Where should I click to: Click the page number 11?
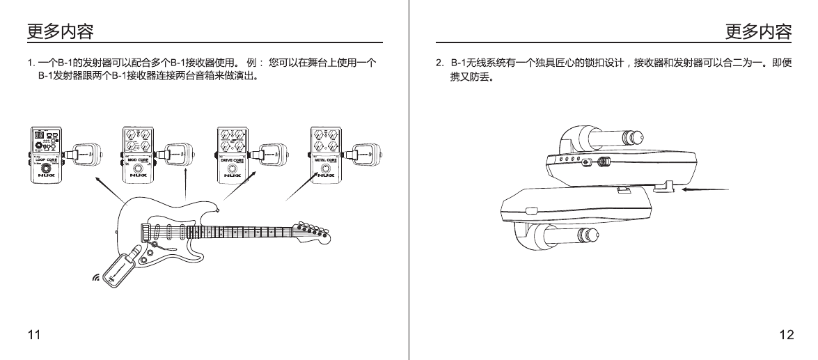33,336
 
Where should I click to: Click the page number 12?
786,336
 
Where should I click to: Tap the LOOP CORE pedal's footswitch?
45,170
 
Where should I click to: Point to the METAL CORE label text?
326,160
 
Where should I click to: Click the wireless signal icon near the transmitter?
96,279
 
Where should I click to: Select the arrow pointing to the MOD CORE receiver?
185,189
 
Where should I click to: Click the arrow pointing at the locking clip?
706,189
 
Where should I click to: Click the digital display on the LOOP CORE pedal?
40,135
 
